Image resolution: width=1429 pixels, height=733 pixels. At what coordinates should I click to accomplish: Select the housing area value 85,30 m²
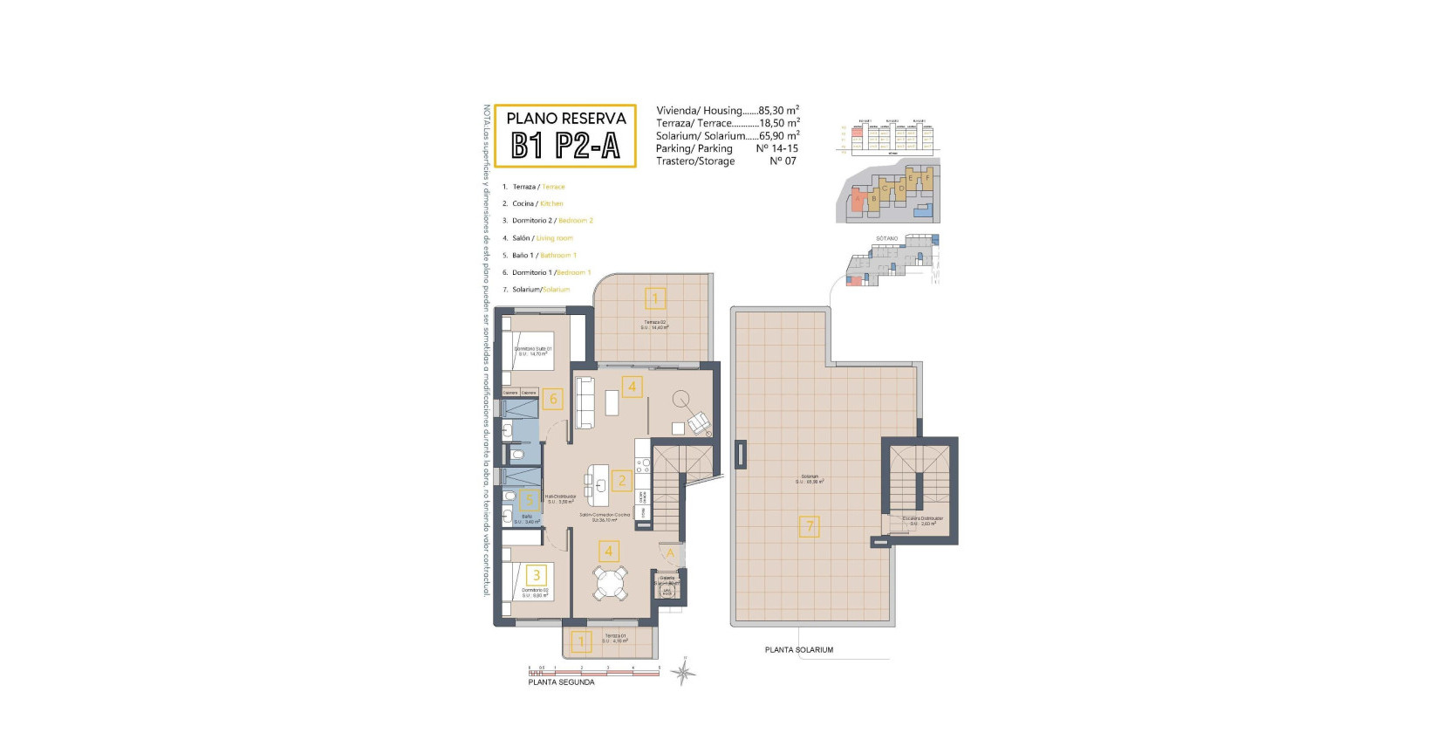tap(778, 111)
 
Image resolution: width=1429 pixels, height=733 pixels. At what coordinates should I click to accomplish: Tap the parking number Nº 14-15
tap(776, 148)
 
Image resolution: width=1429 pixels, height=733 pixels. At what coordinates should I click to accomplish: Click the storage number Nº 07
tap(783, 161)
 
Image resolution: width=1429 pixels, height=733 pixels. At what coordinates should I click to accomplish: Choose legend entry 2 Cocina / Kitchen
tap(537, 203)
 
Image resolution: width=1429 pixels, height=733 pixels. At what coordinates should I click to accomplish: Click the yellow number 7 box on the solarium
tap(810, 526)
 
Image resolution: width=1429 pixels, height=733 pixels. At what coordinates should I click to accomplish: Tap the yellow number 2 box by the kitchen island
tap(622, 480)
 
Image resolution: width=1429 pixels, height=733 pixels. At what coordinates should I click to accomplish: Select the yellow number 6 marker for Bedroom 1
tap(552, 400)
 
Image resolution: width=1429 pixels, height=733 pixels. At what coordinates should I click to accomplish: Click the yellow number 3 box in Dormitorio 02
tap(537, 575)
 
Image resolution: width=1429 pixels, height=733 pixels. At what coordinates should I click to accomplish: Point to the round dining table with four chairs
tap(611, 583)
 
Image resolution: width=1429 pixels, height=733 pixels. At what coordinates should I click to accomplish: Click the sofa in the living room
tap(585, 397)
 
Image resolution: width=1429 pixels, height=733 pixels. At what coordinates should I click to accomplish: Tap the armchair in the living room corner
tap(700, 424)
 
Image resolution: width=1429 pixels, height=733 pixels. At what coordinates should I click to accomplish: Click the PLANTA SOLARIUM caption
tap(798, 650)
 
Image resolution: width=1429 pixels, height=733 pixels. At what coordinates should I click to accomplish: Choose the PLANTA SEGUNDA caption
tap(561, 682)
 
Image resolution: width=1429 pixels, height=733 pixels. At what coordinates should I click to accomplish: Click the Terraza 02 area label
tap(654, 325)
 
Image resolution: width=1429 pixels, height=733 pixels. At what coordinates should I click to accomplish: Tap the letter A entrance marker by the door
tap(671, 553)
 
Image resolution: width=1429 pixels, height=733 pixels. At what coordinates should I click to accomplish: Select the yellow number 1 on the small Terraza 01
tap(581, 643)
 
